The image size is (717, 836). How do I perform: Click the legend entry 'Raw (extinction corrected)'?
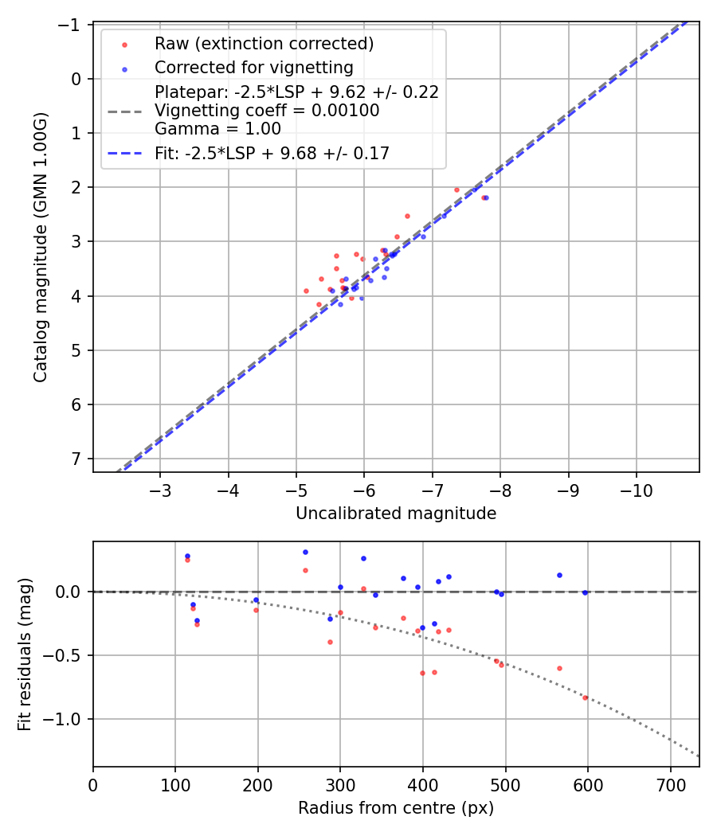[x=264, y=43]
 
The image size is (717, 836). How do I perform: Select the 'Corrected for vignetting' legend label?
[x=253, y=67]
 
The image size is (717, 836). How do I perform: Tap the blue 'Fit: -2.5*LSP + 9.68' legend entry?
[x=272, y=154]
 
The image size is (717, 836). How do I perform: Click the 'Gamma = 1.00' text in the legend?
[x=217, y=128]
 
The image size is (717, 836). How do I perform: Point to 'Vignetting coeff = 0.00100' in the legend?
[x=267, y=111]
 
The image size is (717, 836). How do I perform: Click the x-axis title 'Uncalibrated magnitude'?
[x=396, y=514]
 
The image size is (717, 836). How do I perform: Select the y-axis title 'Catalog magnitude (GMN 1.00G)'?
[x=41, y=248]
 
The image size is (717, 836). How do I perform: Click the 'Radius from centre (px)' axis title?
[x=396, y=808]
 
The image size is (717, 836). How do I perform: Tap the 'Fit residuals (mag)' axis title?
[x=24, y=654]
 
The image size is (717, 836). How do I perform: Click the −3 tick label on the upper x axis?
[x=160, y=488]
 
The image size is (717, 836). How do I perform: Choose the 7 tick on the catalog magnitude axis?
[x=76, y=459]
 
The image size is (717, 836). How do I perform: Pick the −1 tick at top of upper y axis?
[x=71, y=25]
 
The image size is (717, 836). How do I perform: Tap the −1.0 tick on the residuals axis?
[x=66, y=719]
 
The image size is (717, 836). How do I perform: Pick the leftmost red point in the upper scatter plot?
[x=306, y=291]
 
